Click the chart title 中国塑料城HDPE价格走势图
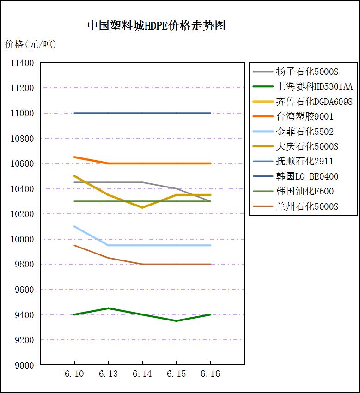click(156, 26)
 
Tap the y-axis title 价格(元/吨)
click(31, 45)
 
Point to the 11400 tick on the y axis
click(22, 63)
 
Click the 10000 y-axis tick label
click(22, 239)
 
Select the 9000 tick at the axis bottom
click(24, 365)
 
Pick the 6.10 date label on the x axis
click(74, 374)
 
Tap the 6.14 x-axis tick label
click(142, 374)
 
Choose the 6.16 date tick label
click(211, 374)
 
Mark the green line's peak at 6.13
click(108, 308)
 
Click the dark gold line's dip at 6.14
click(142, 207)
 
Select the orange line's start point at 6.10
click(74, 157)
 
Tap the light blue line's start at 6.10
click(74, 226)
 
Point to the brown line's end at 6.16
click(211, 264)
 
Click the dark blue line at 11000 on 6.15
click(177, 113)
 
